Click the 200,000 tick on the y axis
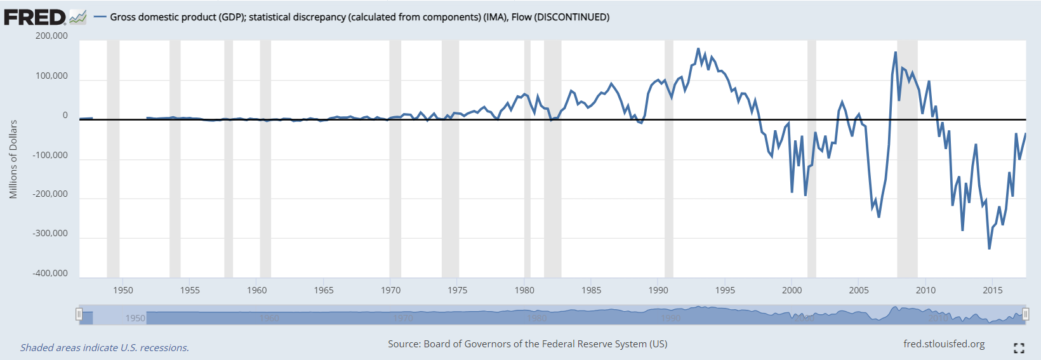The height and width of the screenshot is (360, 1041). coord(51,36)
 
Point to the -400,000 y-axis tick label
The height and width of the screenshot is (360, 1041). coord(50,274)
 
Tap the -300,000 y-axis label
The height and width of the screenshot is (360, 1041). coord(50,234)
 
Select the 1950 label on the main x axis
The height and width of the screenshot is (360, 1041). coord(123,290)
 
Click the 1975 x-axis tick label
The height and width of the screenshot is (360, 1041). coord(457,290)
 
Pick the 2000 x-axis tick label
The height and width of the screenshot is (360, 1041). coord(792,290)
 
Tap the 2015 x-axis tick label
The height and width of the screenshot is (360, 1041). coord(992,290)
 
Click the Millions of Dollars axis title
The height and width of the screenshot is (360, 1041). coord(13,159)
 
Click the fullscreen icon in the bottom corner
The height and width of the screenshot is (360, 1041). coord(1019,348)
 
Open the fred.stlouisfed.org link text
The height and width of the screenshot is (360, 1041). coord(944,344)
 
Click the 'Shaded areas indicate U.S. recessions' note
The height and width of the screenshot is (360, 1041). coord(105,348)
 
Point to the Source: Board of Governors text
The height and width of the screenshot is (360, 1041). coord(527,344)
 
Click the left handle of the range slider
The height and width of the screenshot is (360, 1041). coord(79,314)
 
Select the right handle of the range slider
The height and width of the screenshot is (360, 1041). coord(1025,314)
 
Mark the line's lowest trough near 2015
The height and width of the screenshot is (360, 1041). coord(989,248)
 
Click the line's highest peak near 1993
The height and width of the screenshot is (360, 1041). coord(698,49)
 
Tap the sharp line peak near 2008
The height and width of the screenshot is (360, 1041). coord(896,53)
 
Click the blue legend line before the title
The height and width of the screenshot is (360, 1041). coord(100,17)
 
